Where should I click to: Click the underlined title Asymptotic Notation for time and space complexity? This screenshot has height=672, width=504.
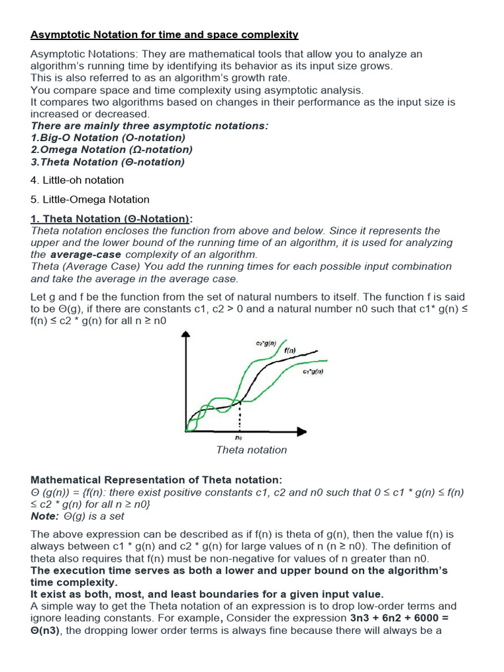point(164,34)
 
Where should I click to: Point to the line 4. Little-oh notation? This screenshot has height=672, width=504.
point(77,180)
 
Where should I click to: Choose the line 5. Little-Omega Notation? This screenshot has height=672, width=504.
point(90,199)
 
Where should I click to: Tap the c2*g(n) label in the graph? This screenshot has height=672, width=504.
point(266,343)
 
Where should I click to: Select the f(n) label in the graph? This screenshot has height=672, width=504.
point(290,350)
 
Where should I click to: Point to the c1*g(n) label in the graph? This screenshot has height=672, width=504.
point(312,371)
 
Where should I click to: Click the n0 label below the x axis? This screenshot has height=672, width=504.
point(238,437)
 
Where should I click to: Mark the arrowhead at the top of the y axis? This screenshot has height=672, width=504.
point(187,335)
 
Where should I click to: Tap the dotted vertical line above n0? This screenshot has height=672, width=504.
point(239,416)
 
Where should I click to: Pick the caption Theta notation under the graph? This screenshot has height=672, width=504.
point(251,450)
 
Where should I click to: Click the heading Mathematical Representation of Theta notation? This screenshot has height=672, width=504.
point(156,480)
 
